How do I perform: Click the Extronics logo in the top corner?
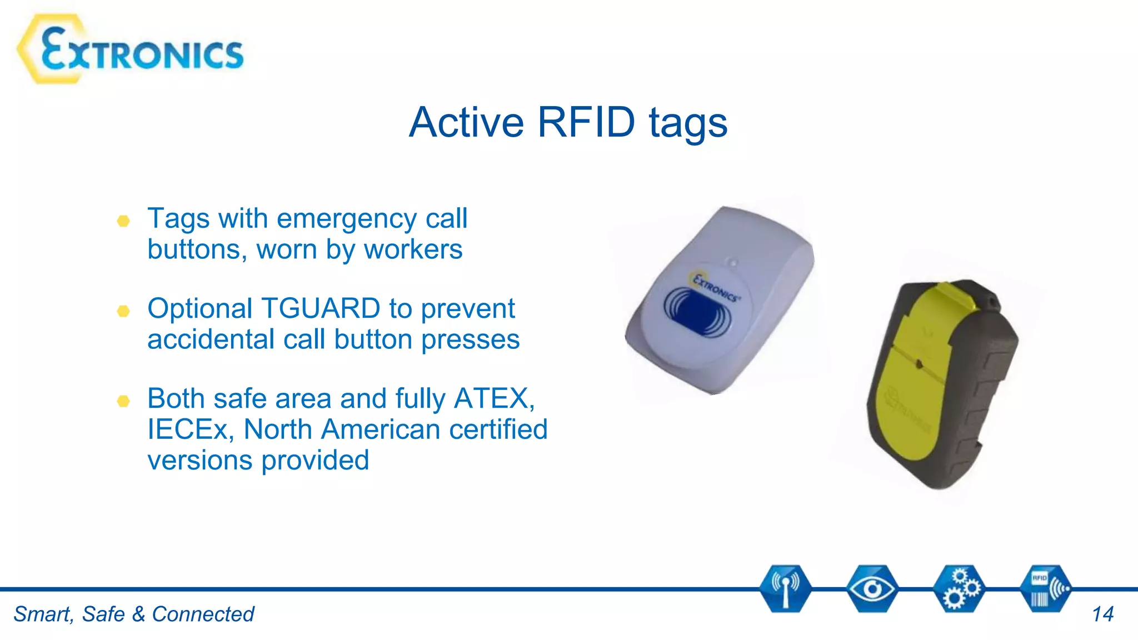[131, 50]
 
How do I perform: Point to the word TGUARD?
[320, 308]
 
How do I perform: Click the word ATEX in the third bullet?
[493, 398]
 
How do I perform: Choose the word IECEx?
[191, 429]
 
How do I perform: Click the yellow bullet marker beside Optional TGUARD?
[123, 311]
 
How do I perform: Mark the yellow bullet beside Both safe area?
[123, 401]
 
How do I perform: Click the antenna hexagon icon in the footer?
[785, 589]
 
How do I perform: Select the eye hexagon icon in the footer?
[871, 589]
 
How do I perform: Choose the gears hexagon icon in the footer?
[959, 589]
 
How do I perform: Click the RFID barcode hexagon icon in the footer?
[1045, 589]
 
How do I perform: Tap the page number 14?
[1102, 614]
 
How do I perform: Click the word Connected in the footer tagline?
[203, 614]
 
